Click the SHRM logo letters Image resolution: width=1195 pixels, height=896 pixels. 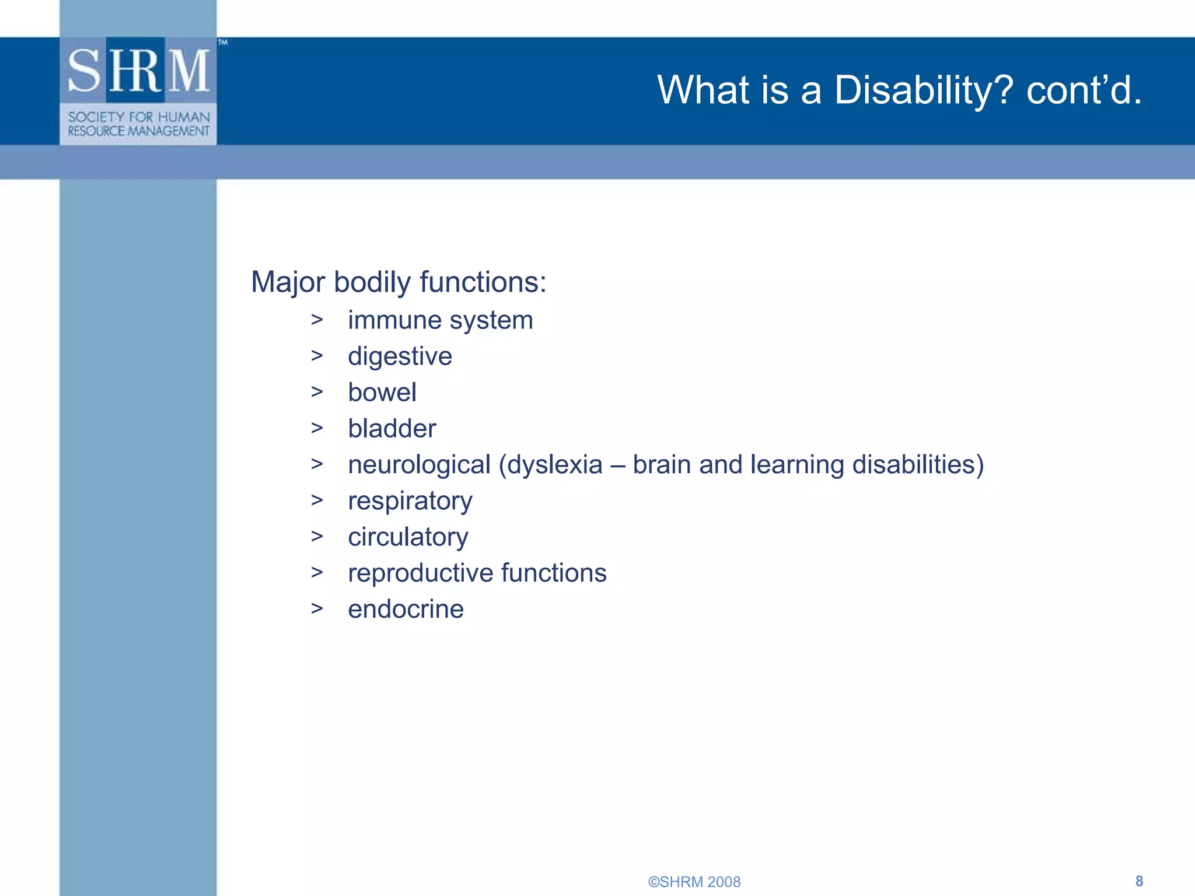click(x=138, y=71)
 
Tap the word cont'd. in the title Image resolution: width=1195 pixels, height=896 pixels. click(x=1084, y=90)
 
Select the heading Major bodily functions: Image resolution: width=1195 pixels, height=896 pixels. click(x=399, y=282)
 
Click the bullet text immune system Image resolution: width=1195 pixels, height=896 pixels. click(x=441, y=320)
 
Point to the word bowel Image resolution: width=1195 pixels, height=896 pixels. click(x=382, y=393)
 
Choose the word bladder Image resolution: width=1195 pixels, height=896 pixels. click(x=392, y=429)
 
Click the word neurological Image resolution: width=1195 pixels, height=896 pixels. click(x=419, y=465)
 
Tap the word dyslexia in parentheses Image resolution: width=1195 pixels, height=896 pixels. click(x=554, y=465)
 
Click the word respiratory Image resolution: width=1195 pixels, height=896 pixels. click(x=410, y=501)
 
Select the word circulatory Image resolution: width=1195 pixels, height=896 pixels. click(x=408, y=537)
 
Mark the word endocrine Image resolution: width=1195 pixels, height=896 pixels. click(x=406, y=610)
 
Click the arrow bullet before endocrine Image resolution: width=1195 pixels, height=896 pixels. click(x=317, y=608)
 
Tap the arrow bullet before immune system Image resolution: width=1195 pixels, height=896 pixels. click(x=317, y=319)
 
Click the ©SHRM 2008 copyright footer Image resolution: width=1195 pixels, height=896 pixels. click(x=694, y=881)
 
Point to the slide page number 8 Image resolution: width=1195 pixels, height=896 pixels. click(x=1139, y=881)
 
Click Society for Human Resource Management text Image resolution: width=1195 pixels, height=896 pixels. click(x=138, y=124)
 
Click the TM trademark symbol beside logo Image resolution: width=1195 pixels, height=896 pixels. click(x=223, y=42)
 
